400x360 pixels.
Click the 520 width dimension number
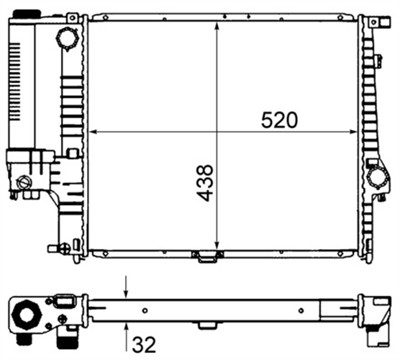tap(280, 120)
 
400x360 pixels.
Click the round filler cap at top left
tap(68, 39)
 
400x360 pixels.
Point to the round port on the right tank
tap(378, 179)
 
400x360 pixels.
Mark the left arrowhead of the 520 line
tap(93, 131)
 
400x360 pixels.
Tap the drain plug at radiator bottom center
tap(207, 257)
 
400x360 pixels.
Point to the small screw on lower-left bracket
tap(23, 183)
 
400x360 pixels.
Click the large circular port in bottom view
tap(24, 317)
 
